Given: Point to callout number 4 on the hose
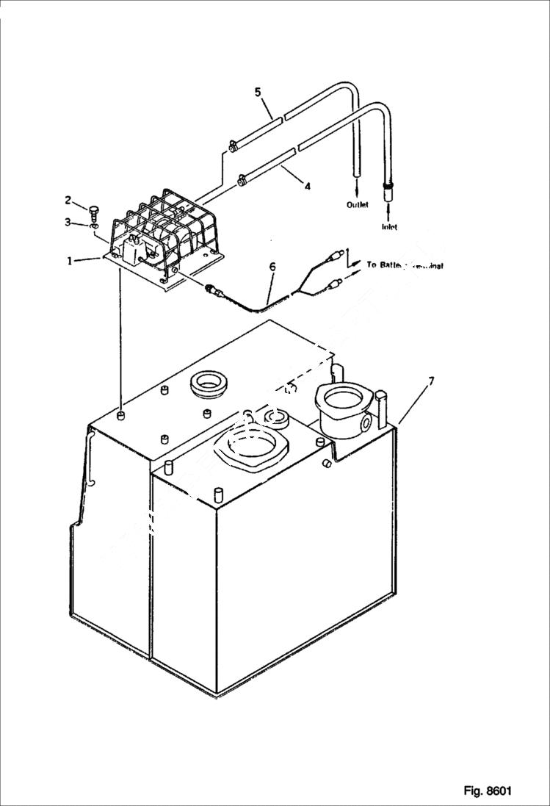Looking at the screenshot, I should (307, 187).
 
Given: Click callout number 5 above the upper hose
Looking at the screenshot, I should (258, 92).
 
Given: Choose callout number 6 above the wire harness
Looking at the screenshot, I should (272, 267).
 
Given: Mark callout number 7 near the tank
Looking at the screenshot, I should (431, 381).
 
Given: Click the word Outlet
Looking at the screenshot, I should (358, 205).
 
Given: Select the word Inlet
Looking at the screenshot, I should (389, 227).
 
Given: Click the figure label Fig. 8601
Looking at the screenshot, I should (487, 791).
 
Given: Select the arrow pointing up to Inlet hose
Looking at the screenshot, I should (388, 213).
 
